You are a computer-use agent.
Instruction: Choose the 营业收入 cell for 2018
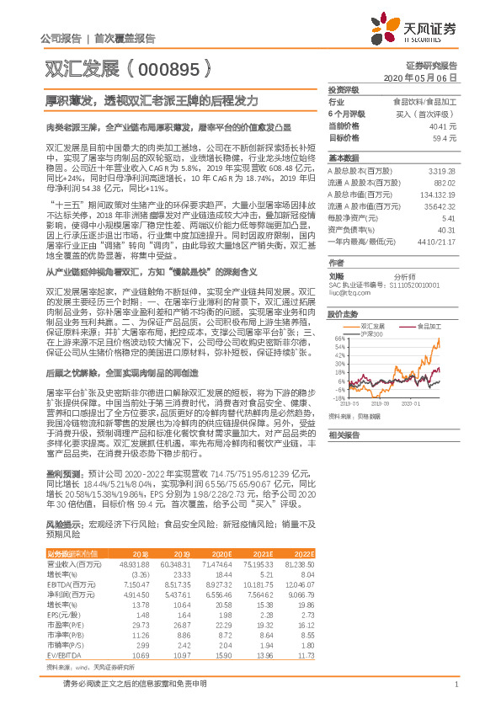[x=135, y=563]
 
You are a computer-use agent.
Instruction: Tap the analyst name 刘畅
[x=337, y=274]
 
